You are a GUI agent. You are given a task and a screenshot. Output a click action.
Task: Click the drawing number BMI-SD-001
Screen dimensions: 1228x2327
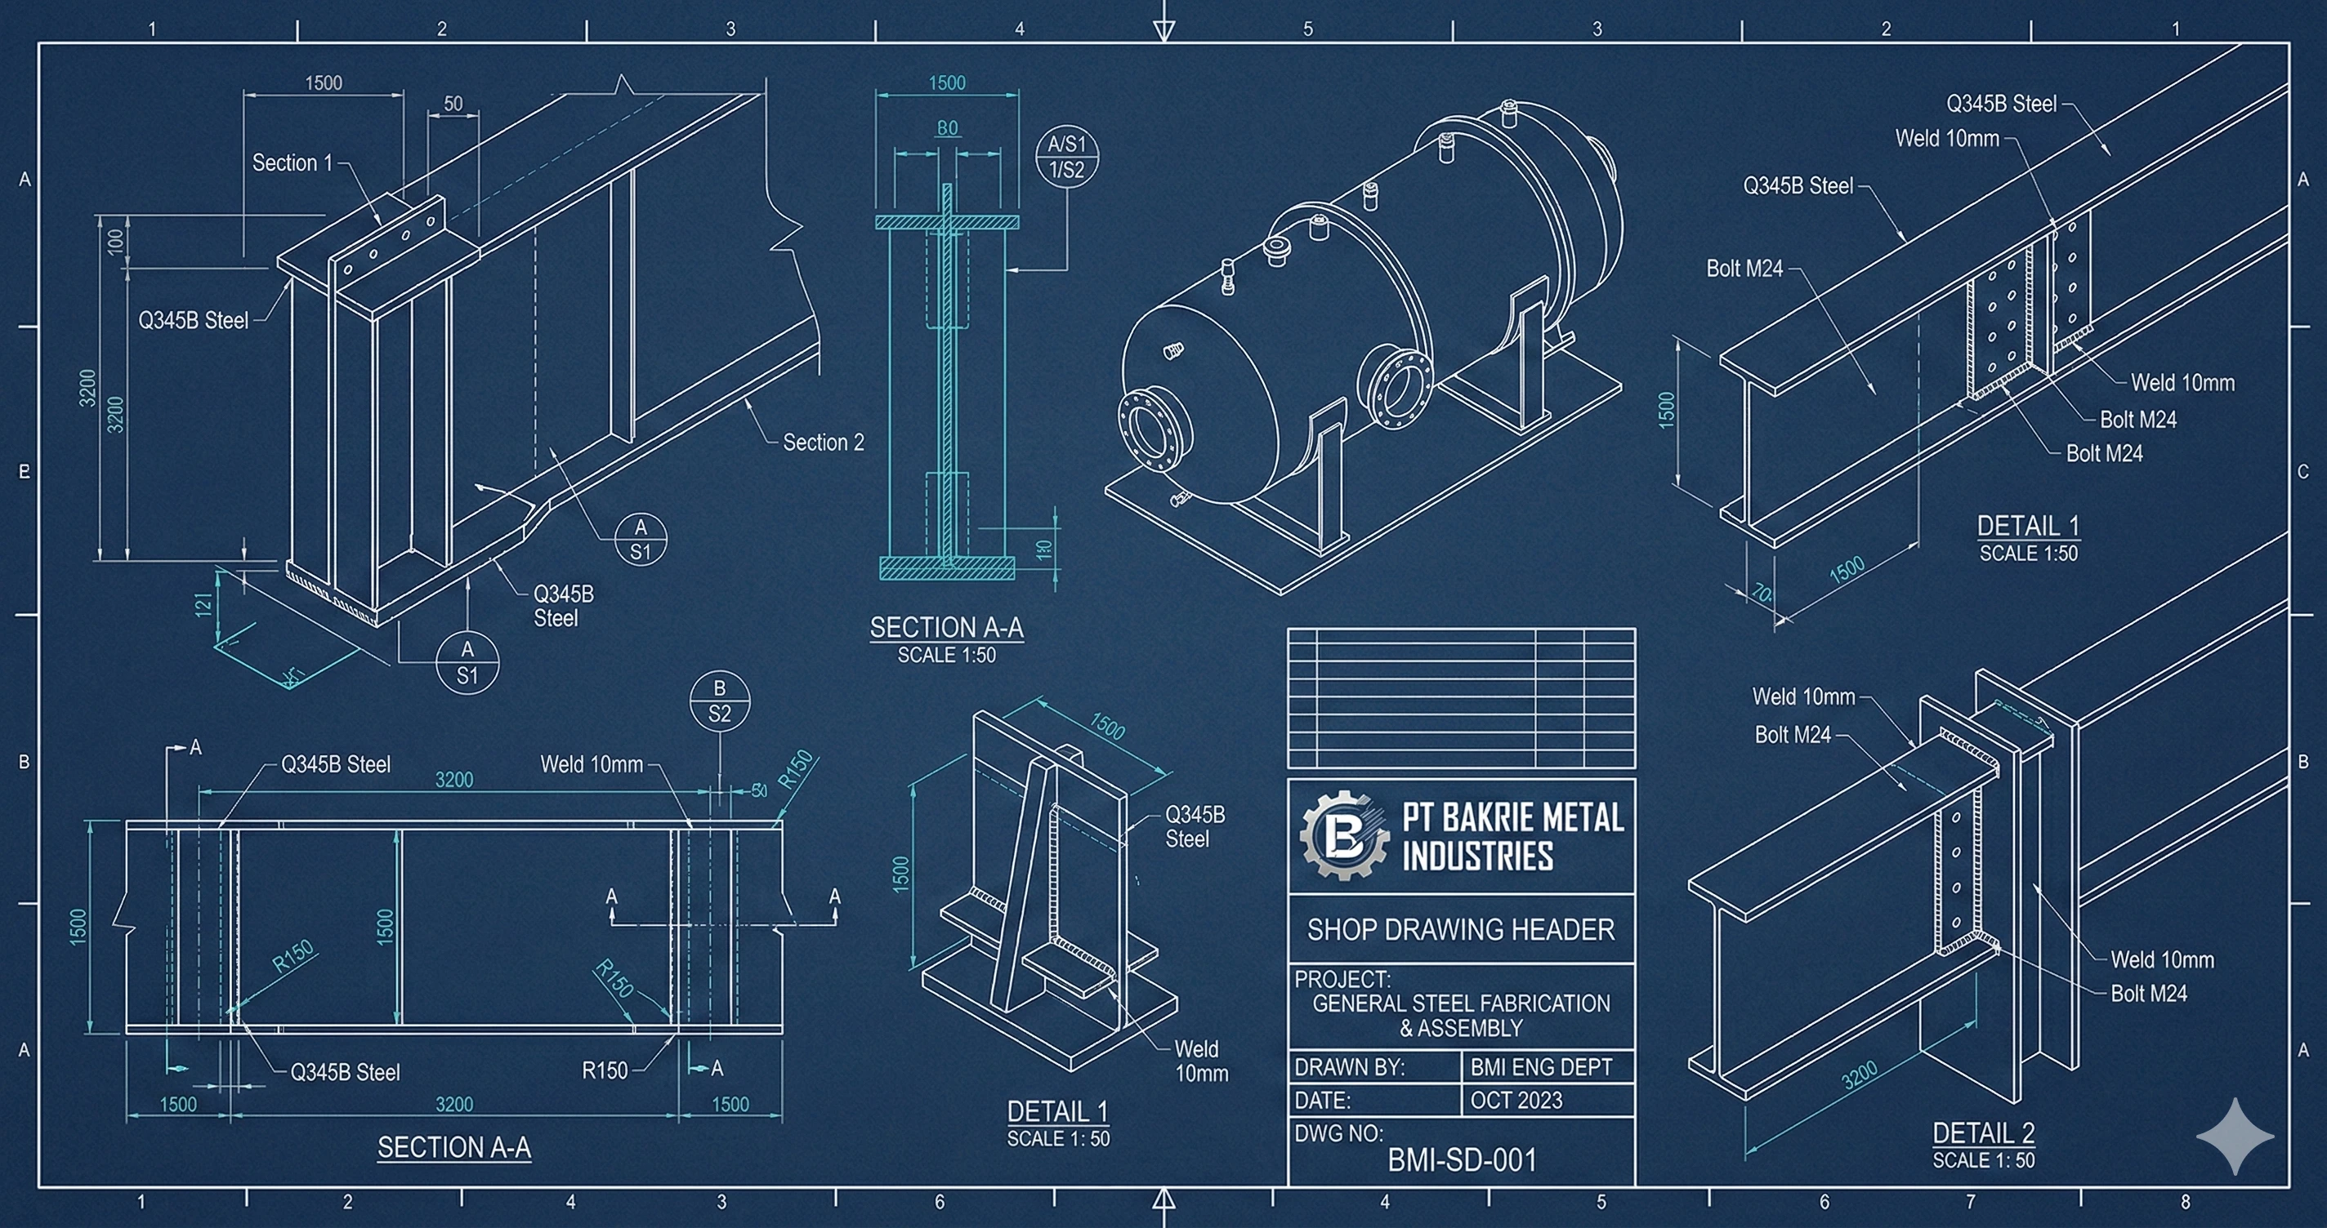point(1462,1159)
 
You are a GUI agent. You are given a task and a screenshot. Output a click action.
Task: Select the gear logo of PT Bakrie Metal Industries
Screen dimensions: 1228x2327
point(1344,836)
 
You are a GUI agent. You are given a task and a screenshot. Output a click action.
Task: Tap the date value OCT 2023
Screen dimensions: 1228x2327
point(1516,1101)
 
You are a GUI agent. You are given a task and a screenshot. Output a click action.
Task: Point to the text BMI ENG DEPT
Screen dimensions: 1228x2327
point(1540,1067)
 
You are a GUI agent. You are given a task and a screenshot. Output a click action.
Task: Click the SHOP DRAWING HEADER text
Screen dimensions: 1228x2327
point(1461,930)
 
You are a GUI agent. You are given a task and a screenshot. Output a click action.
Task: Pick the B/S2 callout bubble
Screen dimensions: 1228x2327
point(719,701)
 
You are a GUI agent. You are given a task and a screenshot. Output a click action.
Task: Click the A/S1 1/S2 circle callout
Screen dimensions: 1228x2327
point(1066,156)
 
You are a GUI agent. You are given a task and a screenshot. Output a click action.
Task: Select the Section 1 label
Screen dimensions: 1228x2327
point(292,163)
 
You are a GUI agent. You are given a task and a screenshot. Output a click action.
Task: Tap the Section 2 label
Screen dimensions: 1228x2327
point(823,443)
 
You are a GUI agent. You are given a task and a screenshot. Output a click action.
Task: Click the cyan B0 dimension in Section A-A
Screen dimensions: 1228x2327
point(947,128)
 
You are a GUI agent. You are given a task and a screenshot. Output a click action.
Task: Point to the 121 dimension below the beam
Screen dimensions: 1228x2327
point(204,603)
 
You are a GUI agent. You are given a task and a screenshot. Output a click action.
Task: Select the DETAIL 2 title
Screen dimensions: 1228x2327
point(1983,1132)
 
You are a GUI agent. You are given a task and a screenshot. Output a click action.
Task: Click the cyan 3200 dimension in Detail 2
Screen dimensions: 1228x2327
point(1859,1075)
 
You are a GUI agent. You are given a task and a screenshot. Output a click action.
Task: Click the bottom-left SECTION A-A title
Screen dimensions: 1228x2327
point(453,1148)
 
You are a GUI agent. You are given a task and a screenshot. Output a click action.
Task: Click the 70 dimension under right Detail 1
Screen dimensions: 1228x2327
point(1762,594)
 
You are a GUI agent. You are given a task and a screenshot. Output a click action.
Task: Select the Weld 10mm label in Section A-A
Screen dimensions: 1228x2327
point(592,765)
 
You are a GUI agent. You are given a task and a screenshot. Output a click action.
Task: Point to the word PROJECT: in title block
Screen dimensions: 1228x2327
point(1342,980)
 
